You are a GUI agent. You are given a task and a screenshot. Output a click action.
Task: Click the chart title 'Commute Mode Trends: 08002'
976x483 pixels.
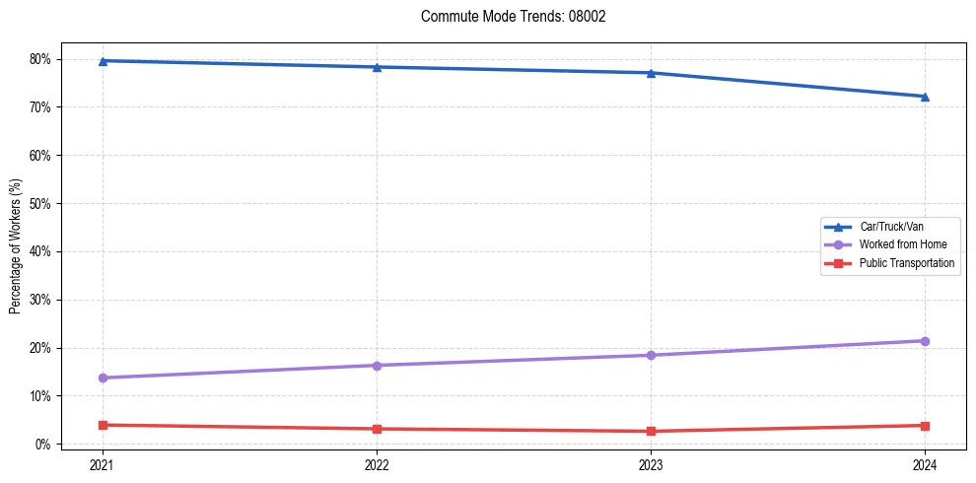(x=506, y=17)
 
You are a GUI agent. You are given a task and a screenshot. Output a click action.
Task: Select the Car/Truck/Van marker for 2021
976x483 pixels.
(x=103, y=61)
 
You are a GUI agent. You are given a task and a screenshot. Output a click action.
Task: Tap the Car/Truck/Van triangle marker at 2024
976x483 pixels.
(x=925, y=97)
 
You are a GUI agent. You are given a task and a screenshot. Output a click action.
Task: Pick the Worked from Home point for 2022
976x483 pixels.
(x=377, y=366)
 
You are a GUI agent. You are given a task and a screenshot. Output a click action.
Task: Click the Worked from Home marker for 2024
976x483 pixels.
(x=925, y=341)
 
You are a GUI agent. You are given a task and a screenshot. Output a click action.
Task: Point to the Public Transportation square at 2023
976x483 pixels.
(x=651, y=431)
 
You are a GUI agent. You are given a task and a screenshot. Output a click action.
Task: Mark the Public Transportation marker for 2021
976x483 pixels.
(x=103, y=425)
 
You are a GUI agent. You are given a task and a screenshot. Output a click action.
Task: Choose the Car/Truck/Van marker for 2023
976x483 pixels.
(x=651, y=73)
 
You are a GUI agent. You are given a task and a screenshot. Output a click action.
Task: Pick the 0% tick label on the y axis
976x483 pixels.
(x=42, y=445)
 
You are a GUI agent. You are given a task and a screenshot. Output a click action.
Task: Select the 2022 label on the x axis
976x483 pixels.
(x=377, y=463)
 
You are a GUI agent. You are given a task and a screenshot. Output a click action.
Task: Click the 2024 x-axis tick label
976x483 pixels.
(x=925, y=463)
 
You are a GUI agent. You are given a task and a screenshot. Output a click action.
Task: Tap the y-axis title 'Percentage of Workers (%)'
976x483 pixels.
(x=15, y=246)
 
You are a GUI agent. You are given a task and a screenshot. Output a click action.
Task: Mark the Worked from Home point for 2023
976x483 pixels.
(x=651, y=355)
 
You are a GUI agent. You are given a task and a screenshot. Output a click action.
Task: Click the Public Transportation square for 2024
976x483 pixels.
(x=925, y=426)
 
